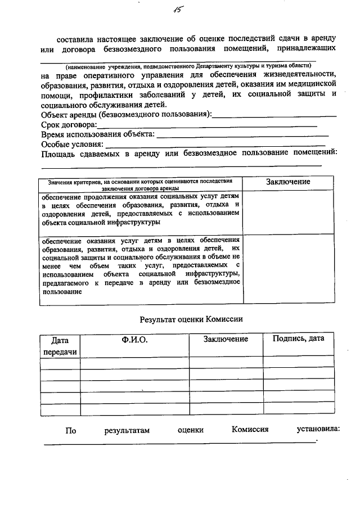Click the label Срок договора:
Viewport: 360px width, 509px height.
(x=69, y=125)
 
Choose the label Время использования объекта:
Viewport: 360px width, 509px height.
(x=97, y=135)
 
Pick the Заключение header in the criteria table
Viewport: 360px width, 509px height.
(x=288, y=182)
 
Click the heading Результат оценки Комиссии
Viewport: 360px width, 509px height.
(x=191, y=319)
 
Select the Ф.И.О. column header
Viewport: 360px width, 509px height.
(x=134, y=339)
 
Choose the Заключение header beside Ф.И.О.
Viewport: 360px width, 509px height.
(x=226, y=339)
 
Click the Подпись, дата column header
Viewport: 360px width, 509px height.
(x=298, y=339)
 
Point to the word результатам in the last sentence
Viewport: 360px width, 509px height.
(x=127, y=431)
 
